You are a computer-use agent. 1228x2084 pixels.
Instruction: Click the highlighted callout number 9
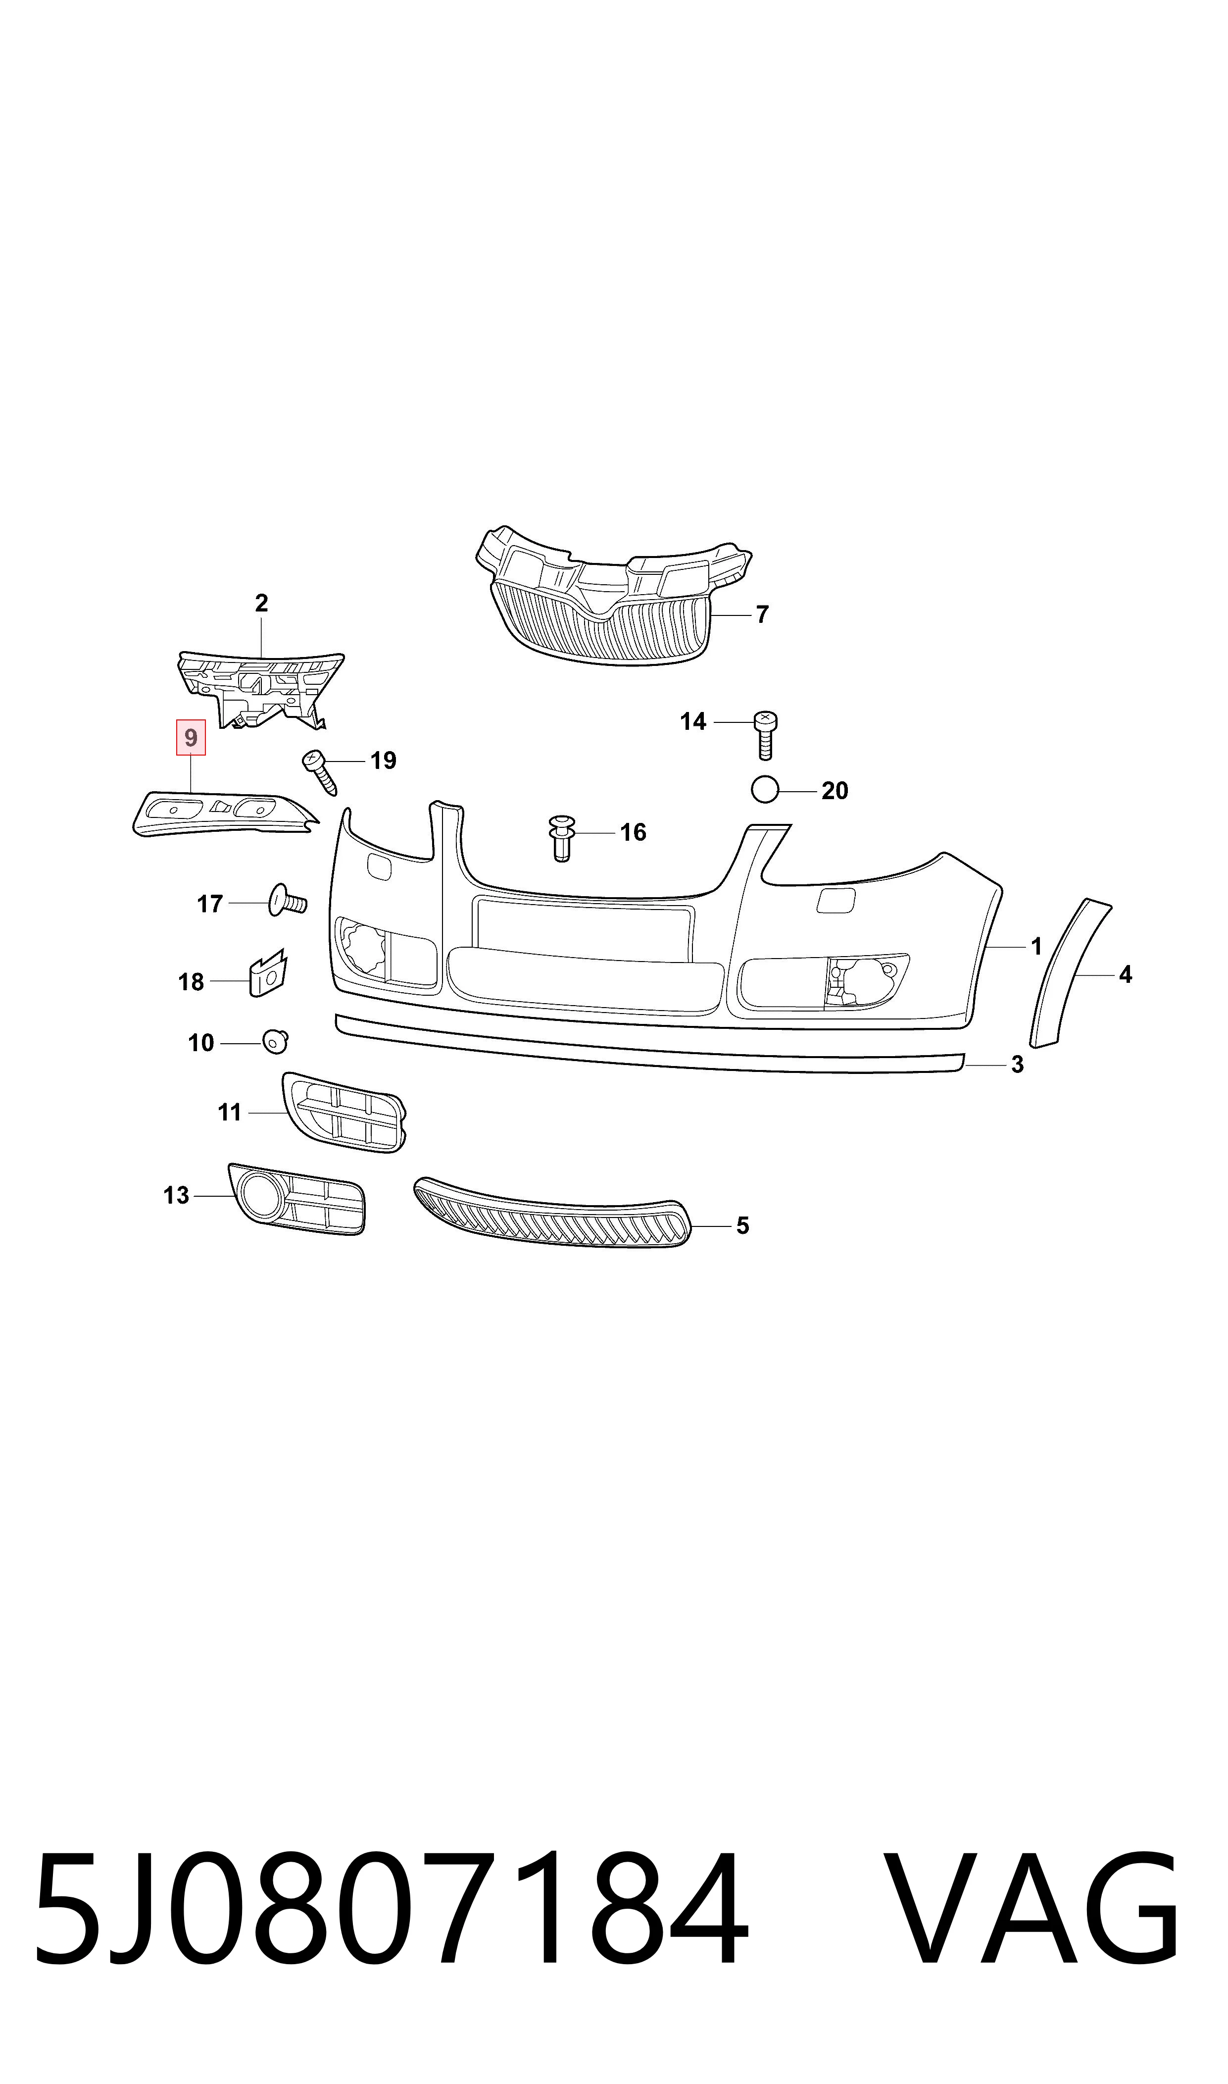click(191, 737)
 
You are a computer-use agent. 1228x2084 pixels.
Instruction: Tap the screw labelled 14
click(765, 735)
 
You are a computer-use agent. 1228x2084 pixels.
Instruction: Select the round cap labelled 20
click(765, 790)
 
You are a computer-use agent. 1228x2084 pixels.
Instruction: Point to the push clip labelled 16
click(562, 838)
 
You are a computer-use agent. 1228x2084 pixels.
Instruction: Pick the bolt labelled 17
click(287, 901)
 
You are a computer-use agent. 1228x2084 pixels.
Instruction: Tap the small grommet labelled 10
click(276, 1041)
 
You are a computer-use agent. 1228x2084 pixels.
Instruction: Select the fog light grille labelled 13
click(296, 1198)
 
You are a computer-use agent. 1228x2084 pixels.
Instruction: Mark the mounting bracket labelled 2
click(261, 689)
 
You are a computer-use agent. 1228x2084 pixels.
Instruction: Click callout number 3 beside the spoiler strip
click(1018, 1065)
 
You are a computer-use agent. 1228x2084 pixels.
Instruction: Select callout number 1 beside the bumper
click(1036, 946)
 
